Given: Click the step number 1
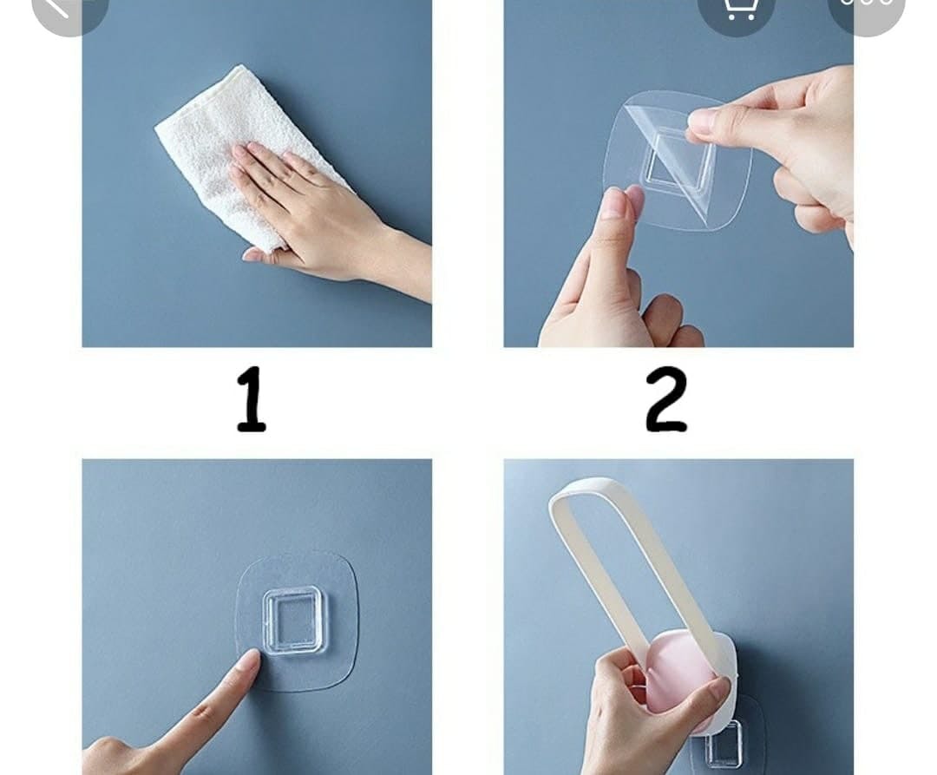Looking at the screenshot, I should (x=252, y=400).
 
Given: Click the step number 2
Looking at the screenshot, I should (x=666, y=400).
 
